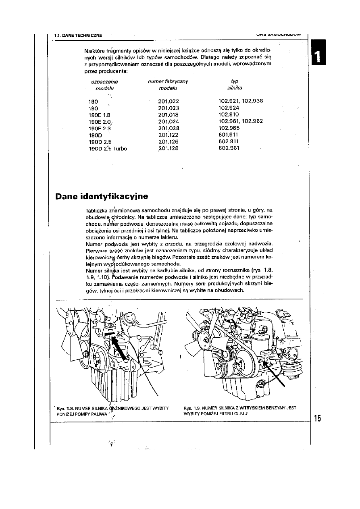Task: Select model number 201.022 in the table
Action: [169, 101]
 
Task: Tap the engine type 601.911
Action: [229, 135]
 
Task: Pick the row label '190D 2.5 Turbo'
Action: [108, 148]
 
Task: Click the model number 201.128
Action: [169, 148]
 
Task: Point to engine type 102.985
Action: [229, 128]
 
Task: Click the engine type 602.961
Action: [229, 148]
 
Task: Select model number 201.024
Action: [169, 121]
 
